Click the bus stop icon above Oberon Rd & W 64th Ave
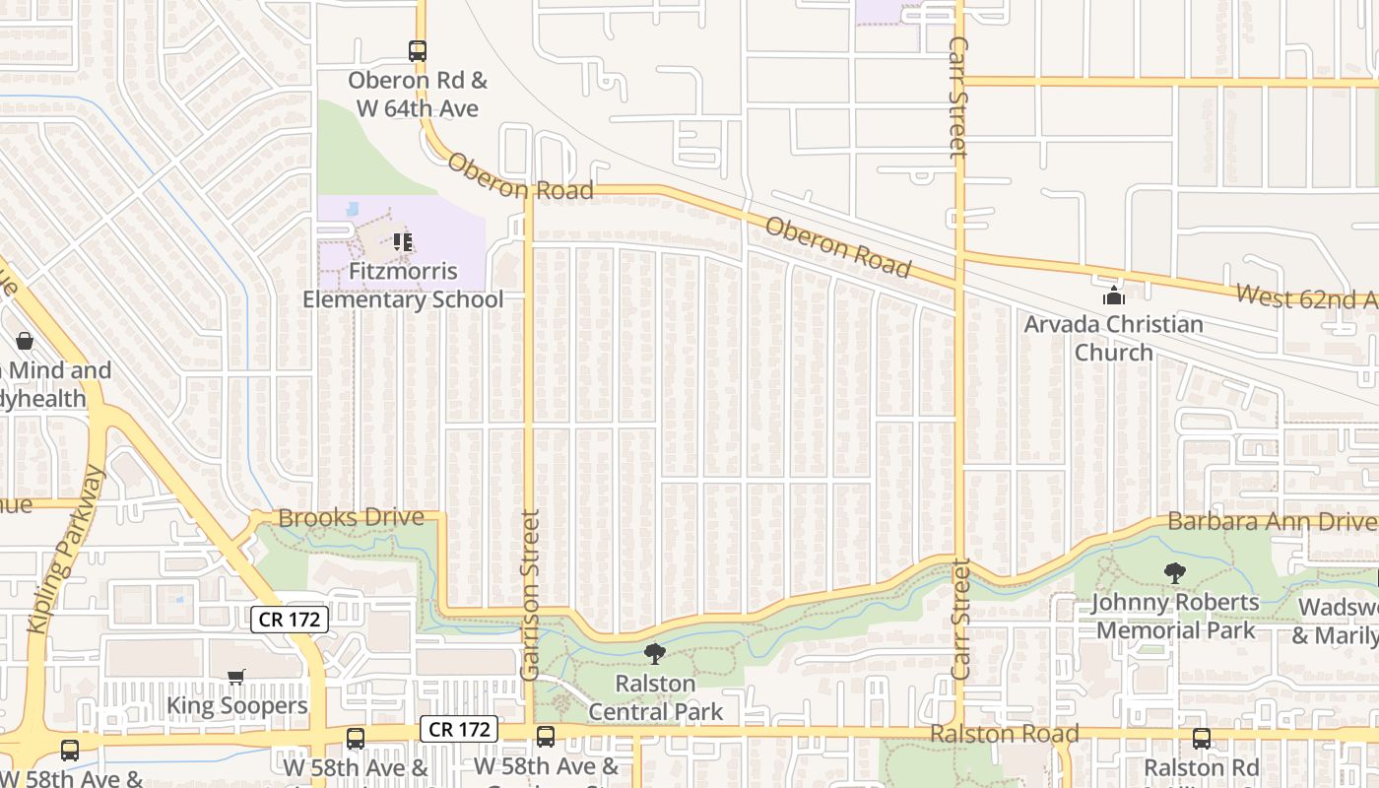click(x=418, y=51)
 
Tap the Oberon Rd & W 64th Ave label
click(x=418, y=95)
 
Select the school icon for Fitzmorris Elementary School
click(x=402, y=241)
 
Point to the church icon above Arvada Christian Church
click(x=1114, y=295)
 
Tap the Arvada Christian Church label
click(x=1114, y=338)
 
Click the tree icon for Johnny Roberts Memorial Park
click(x=1174, y=572)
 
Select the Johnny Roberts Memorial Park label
click(x=1176, y=616)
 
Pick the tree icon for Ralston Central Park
click(x=654, y=653)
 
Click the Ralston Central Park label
click(x=656, y=696)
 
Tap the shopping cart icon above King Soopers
click(x=236, y=677)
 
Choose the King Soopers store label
click(x=237, y=705)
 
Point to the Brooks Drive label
click(x=352, y=518)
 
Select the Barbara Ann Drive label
click(x=1270, y=521)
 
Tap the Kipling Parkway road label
click(x=66, y=549)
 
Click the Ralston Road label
click(x=1005, y=734)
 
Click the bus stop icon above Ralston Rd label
click(x=1202, y=738)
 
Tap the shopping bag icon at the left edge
click(x=25, y=341)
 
